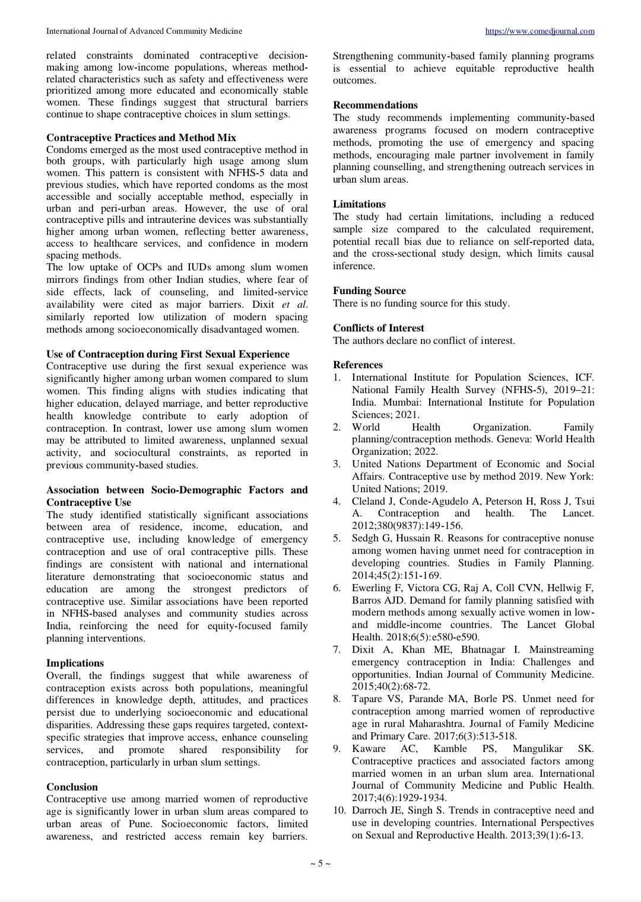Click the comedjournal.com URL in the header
(x=540, y=31)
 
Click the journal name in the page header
(x=144, y=31)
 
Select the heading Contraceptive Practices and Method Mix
(x=141, y=138)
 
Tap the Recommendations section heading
(x=375, y=105)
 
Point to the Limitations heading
(x=359, y=204)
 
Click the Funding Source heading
(x=369, y=291)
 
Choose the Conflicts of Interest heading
(x=378, y=328)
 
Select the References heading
(x=357, y=365)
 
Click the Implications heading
(x=75, y=663)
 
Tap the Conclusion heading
(x=72, y=787)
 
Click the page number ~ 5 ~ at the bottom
(x=320, y=863)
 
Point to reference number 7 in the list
(x=337, y=649)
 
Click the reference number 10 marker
(x=339, y=810)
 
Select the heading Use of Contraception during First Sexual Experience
(x=168, y=354)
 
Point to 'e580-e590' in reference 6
(x=457, y=637)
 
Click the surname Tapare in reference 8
(x=367, y=699)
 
